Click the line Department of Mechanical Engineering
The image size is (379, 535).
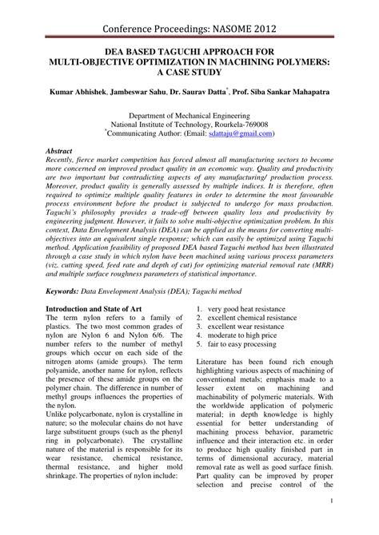pyautogui.click(x=189, y=116)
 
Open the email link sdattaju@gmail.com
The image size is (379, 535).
pyautogui.click(x=237, y=135)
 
